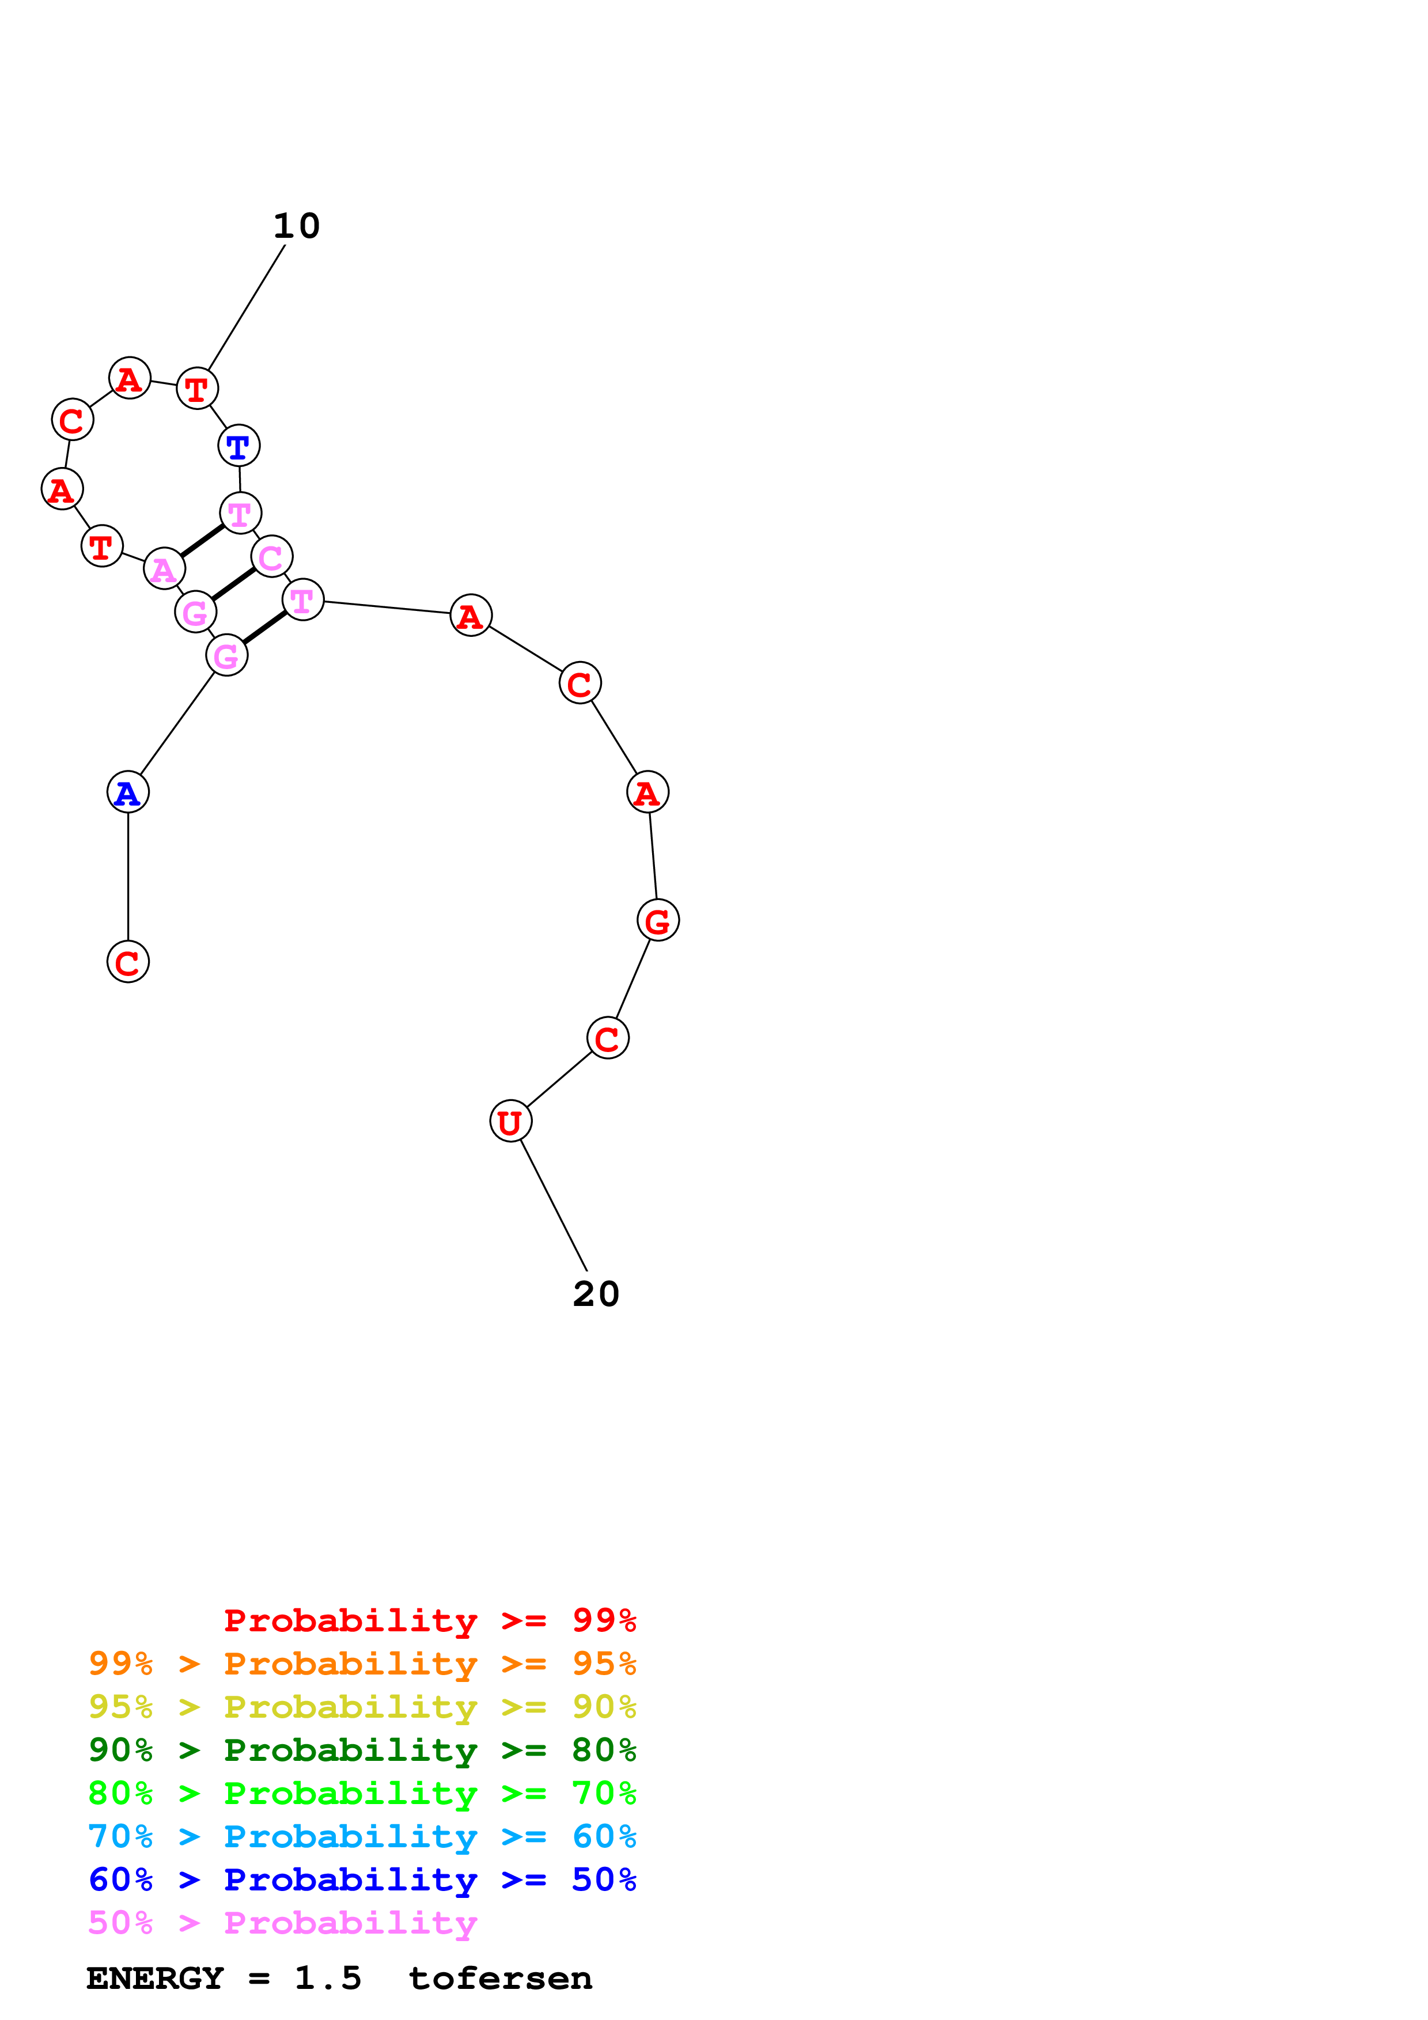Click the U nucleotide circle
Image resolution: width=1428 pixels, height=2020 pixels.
pos(510,1121)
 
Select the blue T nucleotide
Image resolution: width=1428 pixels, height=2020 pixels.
pos(238,446)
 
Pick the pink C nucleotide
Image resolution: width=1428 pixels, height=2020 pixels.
pos(271,556)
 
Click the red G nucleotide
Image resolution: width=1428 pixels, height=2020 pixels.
pos(658,920)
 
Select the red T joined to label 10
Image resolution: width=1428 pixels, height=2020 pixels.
pos(197,388)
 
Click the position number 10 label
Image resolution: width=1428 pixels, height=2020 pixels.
pos(297,226)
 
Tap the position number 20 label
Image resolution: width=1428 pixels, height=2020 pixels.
pos(596,1294)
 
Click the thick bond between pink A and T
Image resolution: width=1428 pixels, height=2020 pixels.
pos(202,540)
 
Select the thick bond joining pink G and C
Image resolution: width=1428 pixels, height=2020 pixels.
pos(233,584)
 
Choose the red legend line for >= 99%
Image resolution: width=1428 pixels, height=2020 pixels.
pos(429,1620)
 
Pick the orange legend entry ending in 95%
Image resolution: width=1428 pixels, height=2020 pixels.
pos(362,1664)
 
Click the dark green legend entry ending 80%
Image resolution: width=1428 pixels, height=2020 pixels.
pos(362,1750)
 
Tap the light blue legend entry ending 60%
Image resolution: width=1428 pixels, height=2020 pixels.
pos(362,1836)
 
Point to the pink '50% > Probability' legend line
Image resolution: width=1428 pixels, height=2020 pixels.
pos(282,1922)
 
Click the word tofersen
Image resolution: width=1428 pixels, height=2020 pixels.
pos(500,1978)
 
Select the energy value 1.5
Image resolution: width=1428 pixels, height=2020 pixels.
pos(327,1978)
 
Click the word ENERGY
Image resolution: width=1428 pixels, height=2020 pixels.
pos(155,1978)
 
